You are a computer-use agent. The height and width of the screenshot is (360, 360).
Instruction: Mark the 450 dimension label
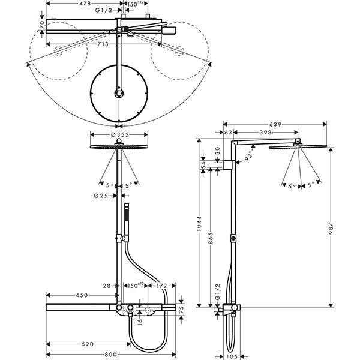point(82,295)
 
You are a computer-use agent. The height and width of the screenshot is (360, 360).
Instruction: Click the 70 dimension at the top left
point(41,28)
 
